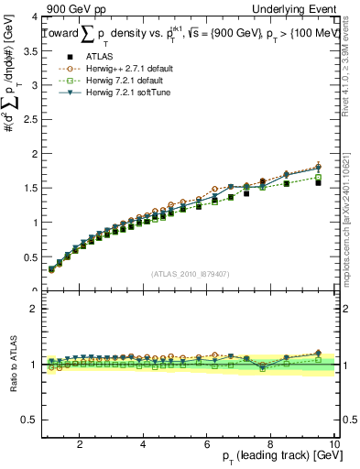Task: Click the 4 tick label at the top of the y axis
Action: tap(35, 17)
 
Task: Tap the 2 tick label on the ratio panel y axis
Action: tap(35, 309)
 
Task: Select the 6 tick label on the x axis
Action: tap(207, 444)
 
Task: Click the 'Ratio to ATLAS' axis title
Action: tap(12, 364)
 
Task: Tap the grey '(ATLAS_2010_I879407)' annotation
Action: tap(189, 272)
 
